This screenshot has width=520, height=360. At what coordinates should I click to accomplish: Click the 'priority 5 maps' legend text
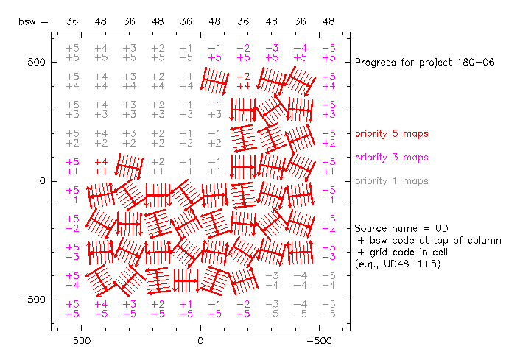point(391,134)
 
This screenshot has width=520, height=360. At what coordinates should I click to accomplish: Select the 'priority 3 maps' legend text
point(391,158)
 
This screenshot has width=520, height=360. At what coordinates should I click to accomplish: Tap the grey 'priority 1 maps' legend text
point(391,181)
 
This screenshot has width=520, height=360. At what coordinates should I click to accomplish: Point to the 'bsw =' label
point(33,22)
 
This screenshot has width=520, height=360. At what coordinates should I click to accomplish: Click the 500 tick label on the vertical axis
point(37,63)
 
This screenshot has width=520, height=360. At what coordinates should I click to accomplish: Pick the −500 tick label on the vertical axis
point(34,300)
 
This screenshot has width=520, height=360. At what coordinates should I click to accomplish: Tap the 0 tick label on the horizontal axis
point(200,342)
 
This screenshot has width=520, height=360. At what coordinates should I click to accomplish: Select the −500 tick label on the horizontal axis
point(319,342)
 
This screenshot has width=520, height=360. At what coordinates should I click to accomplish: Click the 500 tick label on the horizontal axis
point(81,342)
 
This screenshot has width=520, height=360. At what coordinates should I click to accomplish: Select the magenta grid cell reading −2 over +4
point(243,81)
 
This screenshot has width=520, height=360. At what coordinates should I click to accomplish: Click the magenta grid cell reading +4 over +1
point(101,166)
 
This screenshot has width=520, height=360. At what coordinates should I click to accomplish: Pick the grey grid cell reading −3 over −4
point(272,280)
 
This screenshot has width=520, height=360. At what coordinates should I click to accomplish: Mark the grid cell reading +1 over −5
point(186,308)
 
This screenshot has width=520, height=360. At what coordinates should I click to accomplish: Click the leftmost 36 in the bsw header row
point(72,22)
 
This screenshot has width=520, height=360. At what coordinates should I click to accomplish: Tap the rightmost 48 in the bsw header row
point(328,22)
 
